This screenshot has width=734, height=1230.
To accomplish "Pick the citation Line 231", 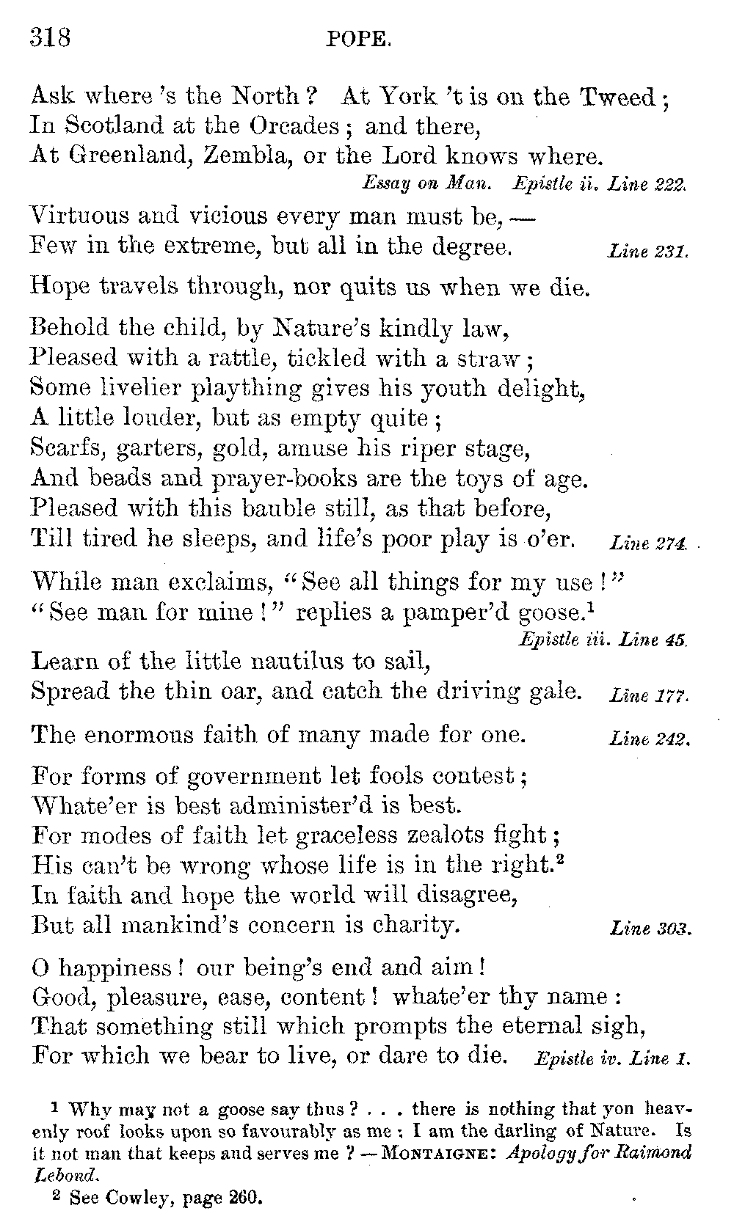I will pyautogui.click(x=648, y=252).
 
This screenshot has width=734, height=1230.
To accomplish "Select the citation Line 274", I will pyautogui.click(x=648, y=543).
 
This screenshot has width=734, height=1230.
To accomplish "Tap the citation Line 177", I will pyautogui.click(x=648, y=695).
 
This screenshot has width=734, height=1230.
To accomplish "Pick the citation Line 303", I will pyautogui.click(x=650, y=929).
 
